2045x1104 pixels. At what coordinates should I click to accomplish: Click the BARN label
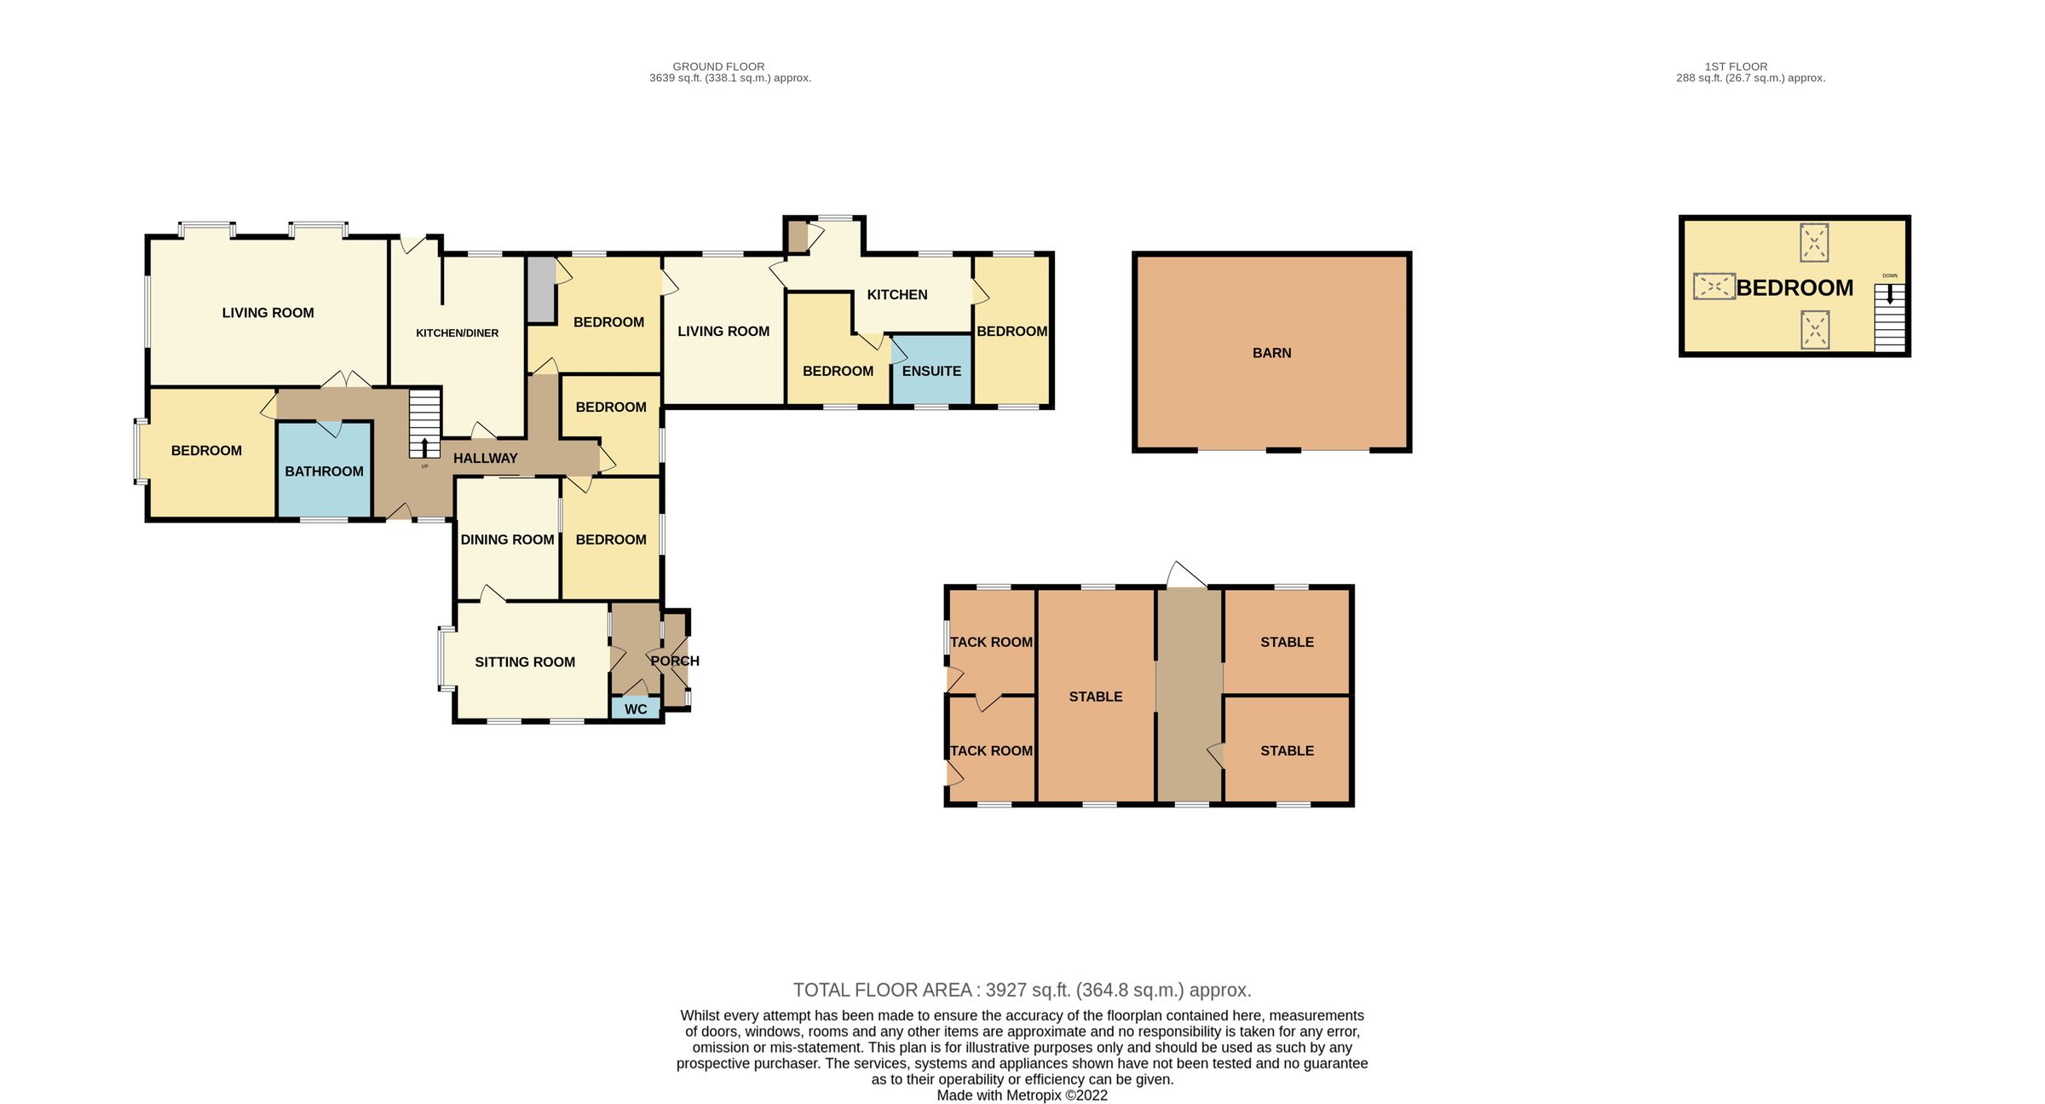coord(1271,353)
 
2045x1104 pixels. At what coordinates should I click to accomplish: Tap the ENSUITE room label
coord(931,371)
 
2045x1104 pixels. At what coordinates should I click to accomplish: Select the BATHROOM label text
coord(324,471)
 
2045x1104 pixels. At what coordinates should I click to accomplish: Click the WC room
coord(636,709)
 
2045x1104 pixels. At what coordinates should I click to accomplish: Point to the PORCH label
coord(675,661)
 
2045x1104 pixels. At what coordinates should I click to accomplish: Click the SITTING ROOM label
coord(525,662)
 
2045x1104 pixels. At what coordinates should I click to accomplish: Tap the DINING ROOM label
coord(507,540)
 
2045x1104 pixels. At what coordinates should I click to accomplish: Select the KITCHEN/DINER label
coord(457,333)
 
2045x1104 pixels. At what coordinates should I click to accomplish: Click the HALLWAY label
coord(485,459)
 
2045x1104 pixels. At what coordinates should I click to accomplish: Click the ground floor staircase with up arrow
coord(424,424)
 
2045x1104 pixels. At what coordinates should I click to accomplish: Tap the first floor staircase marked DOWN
coord(1889,317)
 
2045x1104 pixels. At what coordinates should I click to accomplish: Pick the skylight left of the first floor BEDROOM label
coord(1714,286)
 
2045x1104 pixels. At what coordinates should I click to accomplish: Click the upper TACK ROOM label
coord(991,642)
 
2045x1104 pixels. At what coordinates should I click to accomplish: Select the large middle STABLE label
coord(1095,697)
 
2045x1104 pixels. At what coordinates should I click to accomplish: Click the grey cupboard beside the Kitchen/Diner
coord(540,290)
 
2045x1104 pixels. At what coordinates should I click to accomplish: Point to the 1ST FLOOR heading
coord(1736,66)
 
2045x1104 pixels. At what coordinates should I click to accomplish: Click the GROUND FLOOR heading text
coord(718,66)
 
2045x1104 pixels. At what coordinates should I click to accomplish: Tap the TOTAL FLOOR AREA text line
coord(1022,991)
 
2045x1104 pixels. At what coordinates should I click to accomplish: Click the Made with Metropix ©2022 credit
coord(1022,1095)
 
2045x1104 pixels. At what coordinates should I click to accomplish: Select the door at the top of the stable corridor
coord(1186,575)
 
